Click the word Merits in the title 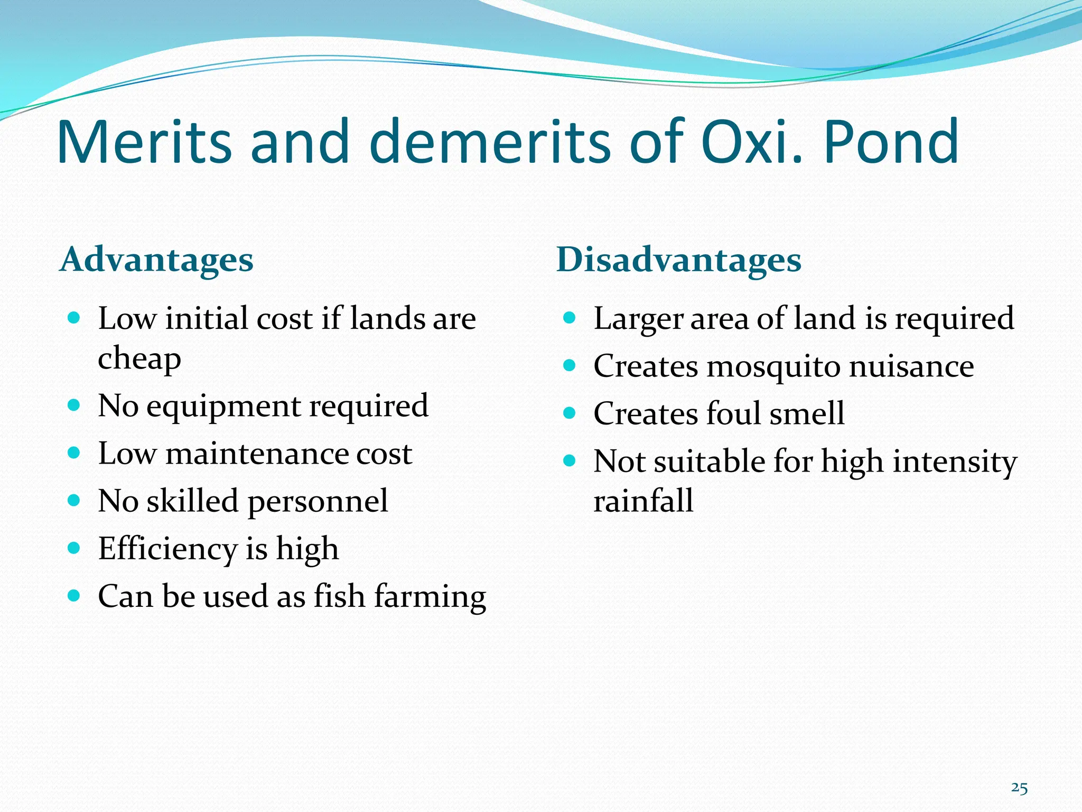click(144, 142)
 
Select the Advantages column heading click(157, 260)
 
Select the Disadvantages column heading click(679, 260)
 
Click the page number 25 click(1019, 788)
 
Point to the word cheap click(139, 359)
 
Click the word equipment click(223, 407)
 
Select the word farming click(430, 597)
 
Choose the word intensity click(955, 462)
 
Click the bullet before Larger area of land click(569, 318)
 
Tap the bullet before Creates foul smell click(569, 413)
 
